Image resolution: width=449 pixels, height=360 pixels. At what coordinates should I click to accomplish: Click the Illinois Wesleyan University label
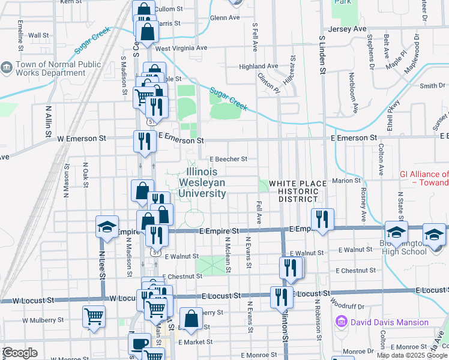pos(202,182)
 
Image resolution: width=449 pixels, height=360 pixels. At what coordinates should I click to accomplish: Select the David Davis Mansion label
pos(390,322)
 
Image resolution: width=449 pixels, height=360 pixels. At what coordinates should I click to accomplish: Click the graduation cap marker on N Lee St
pos(107,228)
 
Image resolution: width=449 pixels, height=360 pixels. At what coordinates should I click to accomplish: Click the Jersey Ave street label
pos(347,29)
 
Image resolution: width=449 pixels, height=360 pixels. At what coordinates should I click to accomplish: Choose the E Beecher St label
pos(228,159)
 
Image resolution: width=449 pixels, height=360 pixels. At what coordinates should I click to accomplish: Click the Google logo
pos(20,353)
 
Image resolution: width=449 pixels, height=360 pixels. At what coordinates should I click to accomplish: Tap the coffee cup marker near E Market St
pos(140,344)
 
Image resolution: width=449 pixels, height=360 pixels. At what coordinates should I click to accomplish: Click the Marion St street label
pos(345,180)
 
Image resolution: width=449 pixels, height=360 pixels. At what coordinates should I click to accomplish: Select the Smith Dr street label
pos(432,86)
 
